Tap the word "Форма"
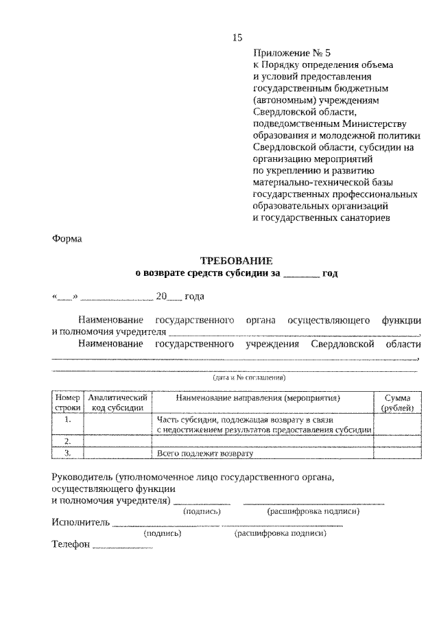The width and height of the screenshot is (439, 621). click(67, 239)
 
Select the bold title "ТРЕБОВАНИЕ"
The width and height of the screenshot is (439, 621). click(236, 261)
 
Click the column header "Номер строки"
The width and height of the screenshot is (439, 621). click(68, 403)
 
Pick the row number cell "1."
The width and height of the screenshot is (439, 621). click(68, 419)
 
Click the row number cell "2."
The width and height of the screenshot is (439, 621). click(68, 441)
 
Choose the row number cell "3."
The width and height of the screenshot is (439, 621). click(68, 453)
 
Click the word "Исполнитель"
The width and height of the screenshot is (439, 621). click(80, 522)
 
